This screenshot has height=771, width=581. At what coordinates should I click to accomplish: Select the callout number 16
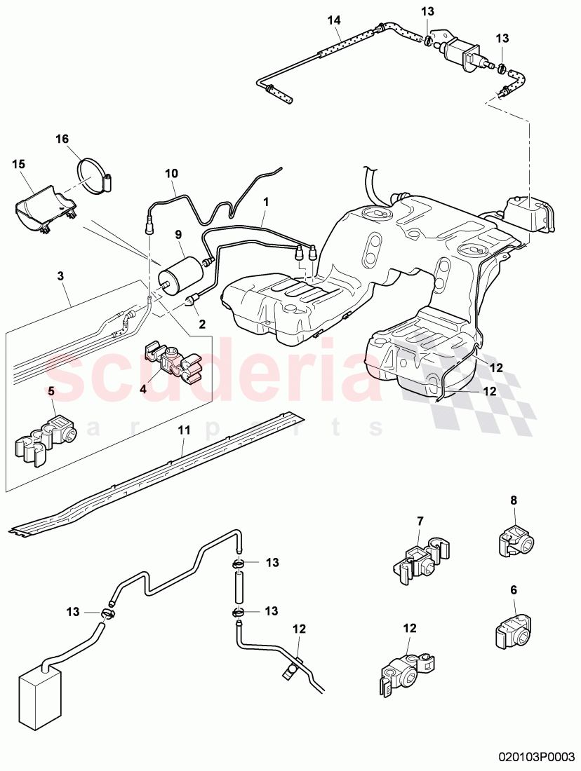62,139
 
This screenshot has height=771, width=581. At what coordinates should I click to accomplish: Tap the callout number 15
18,164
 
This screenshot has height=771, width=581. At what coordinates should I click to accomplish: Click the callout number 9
178,235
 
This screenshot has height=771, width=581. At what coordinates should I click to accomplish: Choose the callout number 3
61,277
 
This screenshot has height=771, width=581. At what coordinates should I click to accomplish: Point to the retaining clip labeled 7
418,559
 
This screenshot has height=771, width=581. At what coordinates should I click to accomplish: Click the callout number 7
420,520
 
